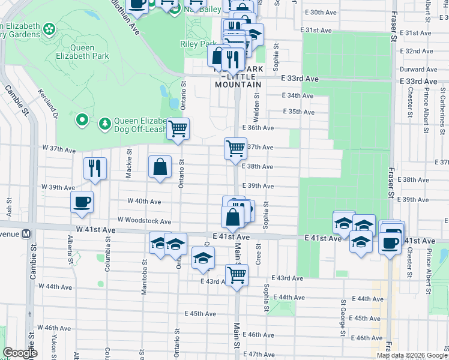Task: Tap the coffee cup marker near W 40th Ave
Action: click(x=82, y=202)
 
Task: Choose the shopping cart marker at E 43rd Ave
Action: click(x=237, y=275)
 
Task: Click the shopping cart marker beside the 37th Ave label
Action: click(x=235, y=147)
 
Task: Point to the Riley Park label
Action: click(x=198, y=44)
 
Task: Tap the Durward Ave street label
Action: click(x=418, y=70)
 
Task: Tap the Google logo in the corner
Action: click(x=20, y=353)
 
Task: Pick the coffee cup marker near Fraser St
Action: click(x=390, y=243)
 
